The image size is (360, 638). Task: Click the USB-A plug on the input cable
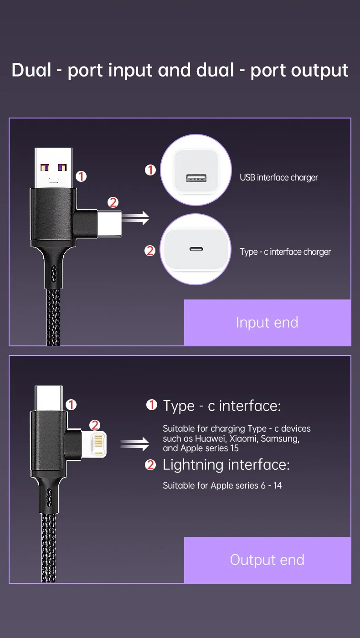coord(53,168)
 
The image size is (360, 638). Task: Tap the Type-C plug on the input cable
coord(109,223)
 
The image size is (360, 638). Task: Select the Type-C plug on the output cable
coord(49,398)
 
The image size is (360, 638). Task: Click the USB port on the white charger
coord(196,178)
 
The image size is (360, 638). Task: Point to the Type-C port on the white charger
coord(196,249)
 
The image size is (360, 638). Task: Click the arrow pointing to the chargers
coord(136,218)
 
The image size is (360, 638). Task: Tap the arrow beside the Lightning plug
coord(135,444)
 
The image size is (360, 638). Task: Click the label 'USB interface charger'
coord(279,177)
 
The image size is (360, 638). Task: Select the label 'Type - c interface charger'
coord(285,252)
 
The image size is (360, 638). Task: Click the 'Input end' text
coord(267,323)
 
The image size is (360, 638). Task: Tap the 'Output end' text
coord(267,560)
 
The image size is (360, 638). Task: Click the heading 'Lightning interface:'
coord(226,465)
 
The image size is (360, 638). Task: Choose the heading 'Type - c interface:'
coord(221,406)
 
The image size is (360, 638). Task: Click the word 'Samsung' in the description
coord(280,438)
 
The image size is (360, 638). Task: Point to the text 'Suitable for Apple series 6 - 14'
coord(222,485)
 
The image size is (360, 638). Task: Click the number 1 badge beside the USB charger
coord(150,170)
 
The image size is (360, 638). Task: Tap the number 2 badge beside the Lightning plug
coord(95,425)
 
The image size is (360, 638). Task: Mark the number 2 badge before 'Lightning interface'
coord(150,465)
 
